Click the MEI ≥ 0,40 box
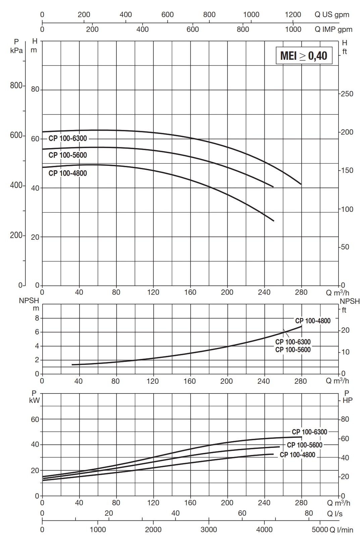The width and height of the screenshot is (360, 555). tap(304, 56)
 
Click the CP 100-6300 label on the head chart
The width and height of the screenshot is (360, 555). tap(67, 139)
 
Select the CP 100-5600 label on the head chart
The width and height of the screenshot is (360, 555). tap(67, 155)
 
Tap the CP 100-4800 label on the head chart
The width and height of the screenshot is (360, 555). tap(67, 173)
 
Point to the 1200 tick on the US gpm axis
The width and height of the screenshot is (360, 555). tap(293, 15)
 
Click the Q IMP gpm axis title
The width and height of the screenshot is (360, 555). tap(333, 30)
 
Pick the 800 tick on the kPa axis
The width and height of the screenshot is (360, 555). tap(16, 86)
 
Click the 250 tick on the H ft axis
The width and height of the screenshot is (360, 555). tap(347, 94)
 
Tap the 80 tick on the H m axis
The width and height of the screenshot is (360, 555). tap(35, 90)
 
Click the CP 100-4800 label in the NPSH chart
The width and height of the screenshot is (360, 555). tap(313, 321)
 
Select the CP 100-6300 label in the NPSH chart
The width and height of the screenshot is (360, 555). tap(293, 342)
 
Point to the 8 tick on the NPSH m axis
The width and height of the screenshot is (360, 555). tap(37, 318)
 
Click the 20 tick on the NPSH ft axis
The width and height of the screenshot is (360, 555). tap(345, 330)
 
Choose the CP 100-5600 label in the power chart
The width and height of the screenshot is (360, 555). tap(305, 445)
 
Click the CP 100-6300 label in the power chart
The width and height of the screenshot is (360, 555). tap(309, 432)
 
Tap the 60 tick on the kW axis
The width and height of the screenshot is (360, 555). tap(35, 419)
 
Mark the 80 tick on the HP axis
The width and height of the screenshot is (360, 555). tap(345, 419)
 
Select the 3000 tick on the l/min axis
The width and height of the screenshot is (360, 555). tap(209, 529)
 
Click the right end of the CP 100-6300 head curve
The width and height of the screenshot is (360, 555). tap(301, 184)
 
